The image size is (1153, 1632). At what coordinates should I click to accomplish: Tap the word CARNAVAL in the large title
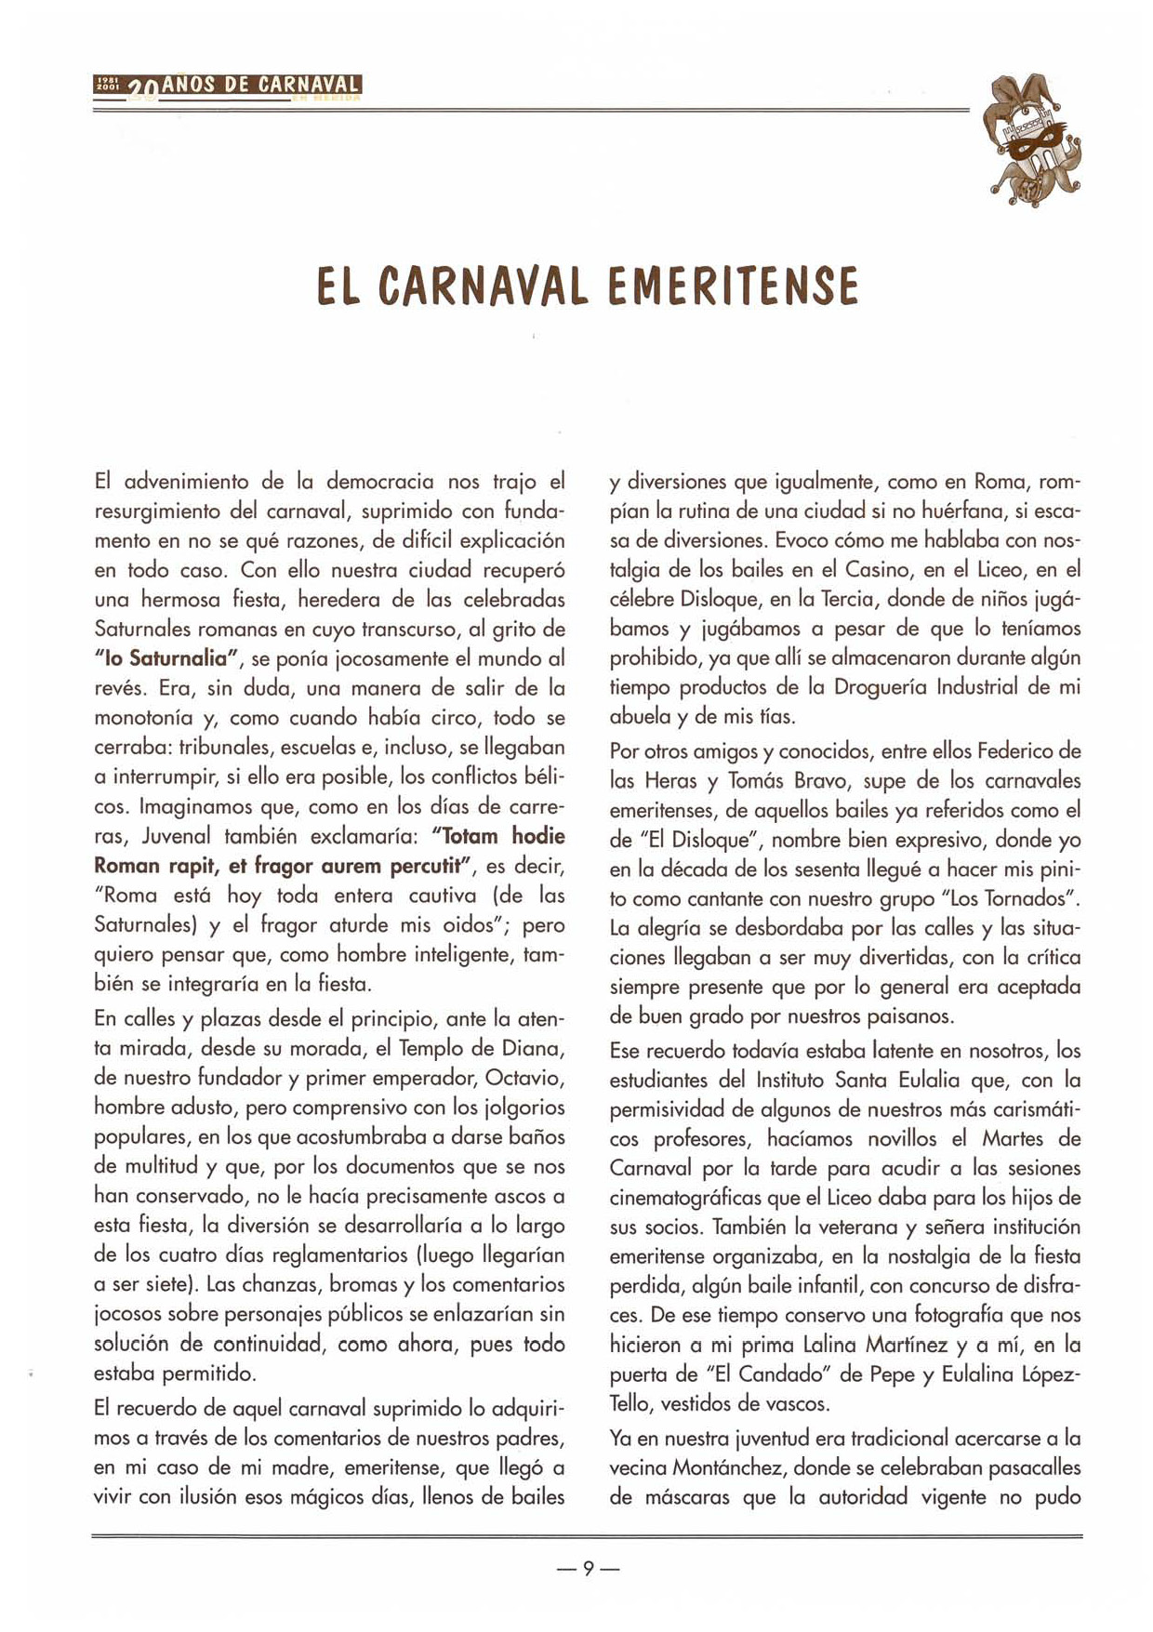click(484, 285)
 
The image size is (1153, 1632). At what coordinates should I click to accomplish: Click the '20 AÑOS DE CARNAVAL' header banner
click(227, 86)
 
